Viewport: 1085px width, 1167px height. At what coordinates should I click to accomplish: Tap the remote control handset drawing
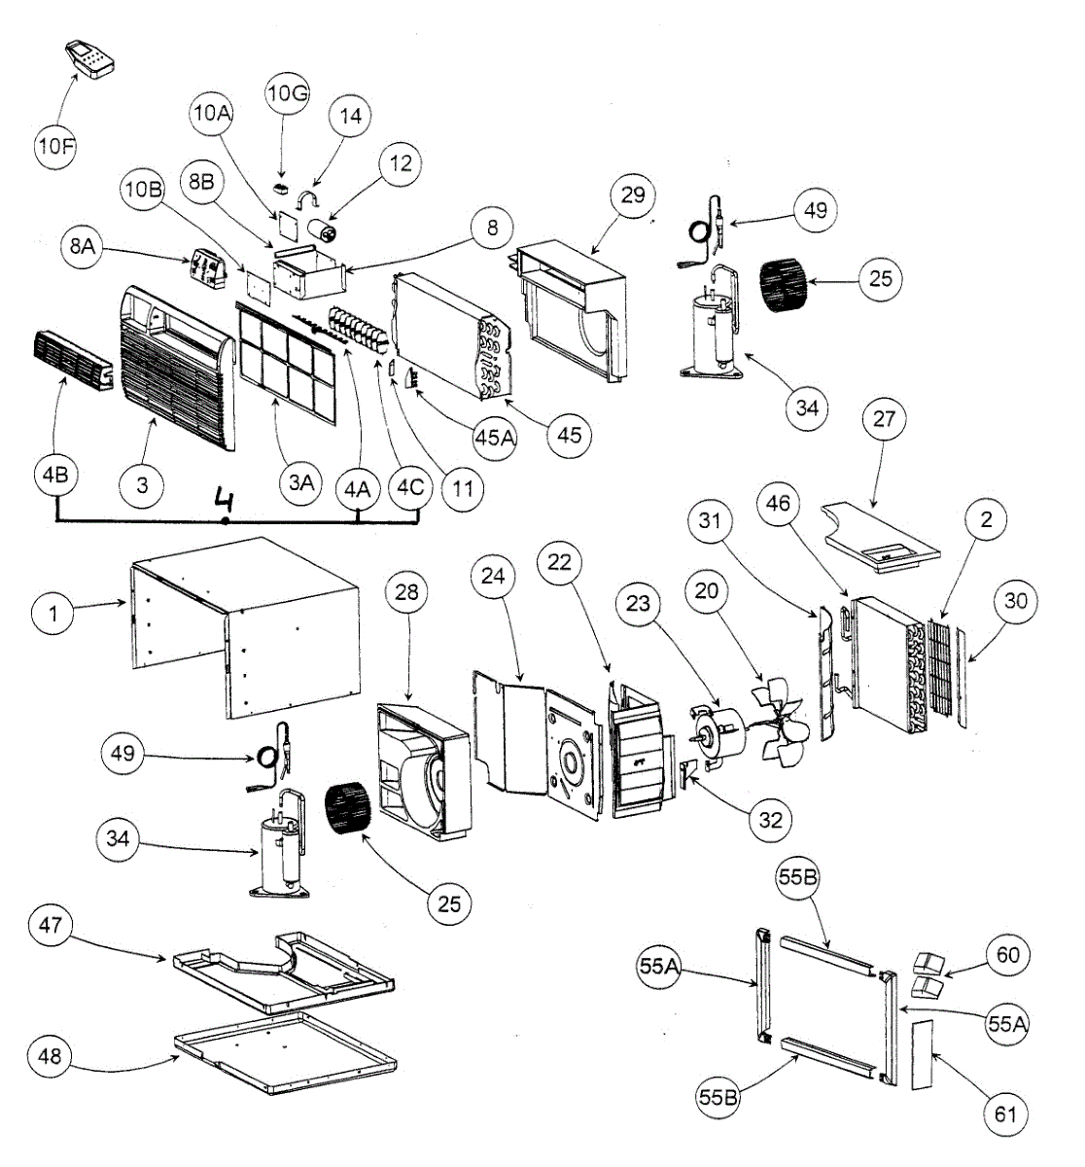tap(90, 60)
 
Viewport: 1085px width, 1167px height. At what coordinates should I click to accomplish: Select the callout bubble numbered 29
tap(632, 195)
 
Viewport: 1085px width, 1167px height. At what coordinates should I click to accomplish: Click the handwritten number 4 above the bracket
tap(226, 503)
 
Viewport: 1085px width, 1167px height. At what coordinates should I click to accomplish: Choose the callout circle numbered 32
tap(769, 820)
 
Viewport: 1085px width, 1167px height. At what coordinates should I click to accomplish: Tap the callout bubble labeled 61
tap(1005, 1113)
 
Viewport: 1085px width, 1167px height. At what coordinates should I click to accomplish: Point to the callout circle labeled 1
tap(54, 614)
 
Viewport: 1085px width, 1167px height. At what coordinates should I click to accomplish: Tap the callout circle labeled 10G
tap(287, 94)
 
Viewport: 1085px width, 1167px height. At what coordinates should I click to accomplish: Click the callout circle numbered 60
tap(1008, 955)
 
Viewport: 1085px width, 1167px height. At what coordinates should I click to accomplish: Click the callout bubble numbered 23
tap(637, 604)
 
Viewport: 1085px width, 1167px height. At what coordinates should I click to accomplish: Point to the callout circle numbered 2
tap(986, 520)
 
